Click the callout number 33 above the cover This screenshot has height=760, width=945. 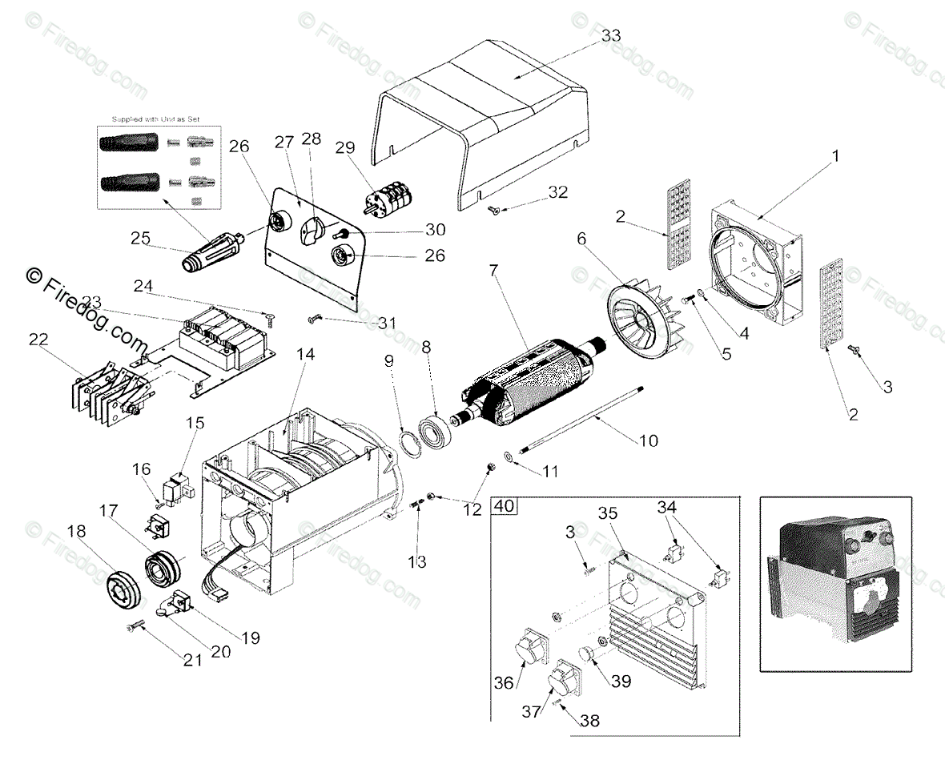coord(610,36)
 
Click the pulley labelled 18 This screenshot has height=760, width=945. coord(124,592)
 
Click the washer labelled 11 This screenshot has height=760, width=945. coord(508,456)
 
